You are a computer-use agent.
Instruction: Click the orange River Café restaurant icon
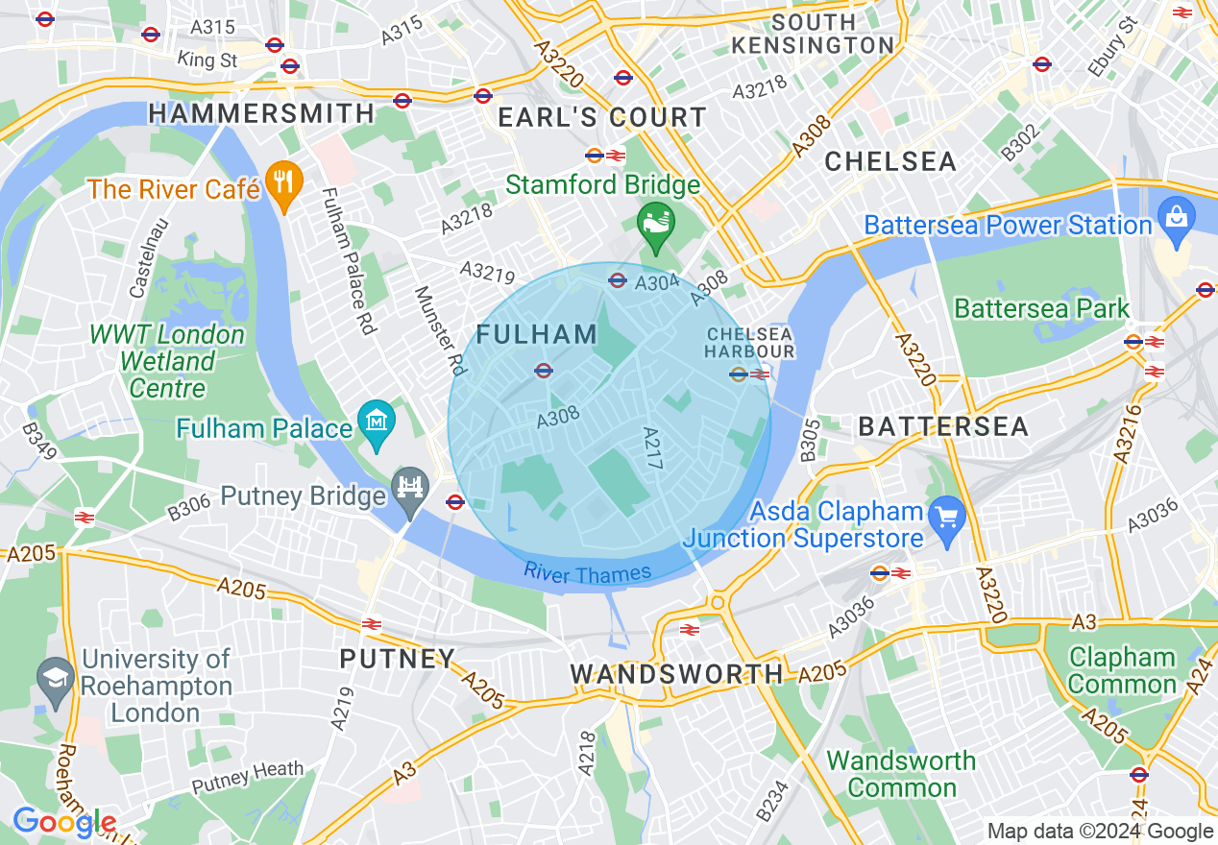click(282, 182)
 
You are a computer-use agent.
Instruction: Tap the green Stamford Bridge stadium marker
click(656, 224)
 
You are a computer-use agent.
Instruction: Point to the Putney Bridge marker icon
click(411, 489)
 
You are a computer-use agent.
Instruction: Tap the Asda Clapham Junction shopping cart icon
click(947, 518)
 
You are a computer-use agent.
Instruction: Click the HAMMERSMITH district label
click(261, 113)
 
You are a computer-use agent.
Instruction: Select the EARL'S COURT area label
click(602, 118)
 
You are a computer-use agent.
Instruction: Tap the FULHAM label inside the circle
click(537, 334)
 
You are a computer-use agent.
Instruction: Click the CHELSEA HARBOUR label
click(749, 343)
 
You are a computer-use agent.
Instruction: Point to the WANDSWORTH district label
click(677, 674)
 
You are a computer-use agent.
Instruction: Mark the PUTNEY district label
click(397, 659)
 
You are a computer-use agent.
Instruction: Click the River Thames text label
click(587, 574)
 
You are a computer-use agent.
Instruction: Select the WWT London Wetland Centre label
click(167, 362)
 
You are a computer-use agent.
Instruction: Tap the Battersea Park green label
click(1041, 309)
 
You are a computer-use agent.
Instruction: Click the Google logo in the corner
click(63, 823)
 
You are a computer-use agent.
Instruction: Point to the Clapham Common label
click(1122, 671)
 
